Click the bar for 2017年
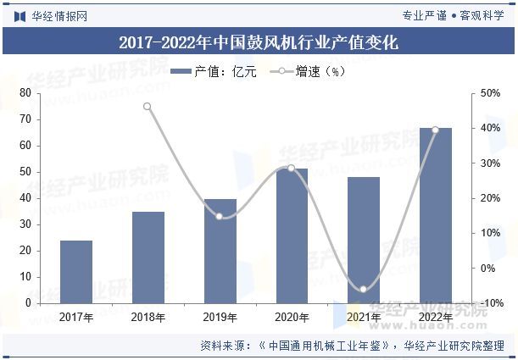(x=75, y=272)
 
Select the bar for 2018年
(x=148, y=258)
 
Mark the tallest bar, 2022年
(x=436, y=215)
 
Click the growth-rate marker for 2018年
(x=148, y=107)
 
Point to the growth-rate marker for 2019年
(x=220, y=216)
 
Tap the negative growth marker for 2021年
(x=364, y=290)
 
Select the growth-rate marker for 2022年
(x=436, y=130)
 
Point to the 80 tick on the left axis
(x=25, y=93)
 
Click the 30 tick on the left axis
(x=25, y=224)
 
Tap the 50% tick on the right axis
(x=491, y=93)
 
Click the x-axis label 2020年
(x=292, y=317)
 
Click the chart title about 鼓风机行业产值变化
(x=259, y=42)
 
